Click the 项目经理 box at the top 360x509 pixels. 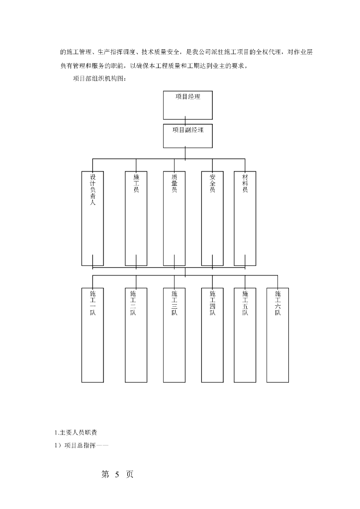click(x=188, y=105)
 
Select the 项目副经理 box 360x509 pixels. click(x=188, y=136)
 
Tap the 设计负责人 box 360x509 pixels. click(x=93, y=218)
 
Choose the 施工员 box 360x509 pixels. click(x=136, y=218)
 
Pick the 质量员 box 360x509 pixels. click(x=174, y=218)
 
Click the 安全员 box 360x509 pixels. click(x=212, y=218)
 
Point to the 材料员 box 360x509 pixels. click(x=245, y=218)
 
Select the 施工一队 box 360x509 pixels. click(x=93, y=335)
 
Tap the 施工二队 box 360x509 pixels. click(x=136, y=335)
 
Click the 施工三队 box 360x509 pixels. click(x=174, y=335)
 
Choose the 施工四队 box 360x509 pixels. click(x=212, y=335)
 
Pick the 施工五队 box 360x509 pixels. click(x=245, y=335)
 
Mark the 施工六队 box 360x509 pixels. click(x=277, y=335)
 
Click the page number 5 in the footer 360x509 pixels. click(x=117, y=475)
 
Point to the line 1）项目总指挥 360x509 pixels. click(x=82, y=445)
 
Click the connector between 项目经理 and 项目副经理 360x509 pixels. click(x=185, y=122)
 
